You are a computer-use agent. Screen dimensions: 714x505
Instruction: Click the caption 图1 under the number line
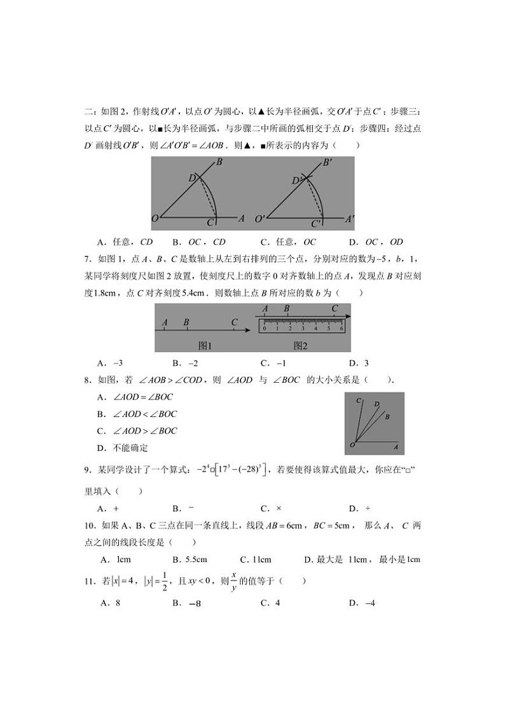205,345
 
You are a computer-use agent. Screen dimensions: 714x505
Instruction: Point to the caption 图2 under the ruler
300,345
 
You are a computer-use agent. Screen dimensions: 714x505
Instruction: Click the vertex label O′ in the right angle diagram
260,219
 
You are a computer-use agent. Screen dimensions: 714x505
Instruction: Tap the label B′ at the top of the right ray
328,163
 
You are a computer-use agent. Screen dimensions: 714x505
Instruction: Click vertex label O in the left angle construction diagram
155,219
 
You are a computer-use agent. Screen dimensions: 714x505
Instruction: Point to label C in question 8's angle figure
359,401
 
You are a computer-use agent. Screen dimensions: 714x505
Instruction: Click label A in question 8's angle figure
396,448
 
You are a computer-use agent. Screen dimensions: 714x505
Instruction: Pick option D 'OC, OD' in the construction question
376,242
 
